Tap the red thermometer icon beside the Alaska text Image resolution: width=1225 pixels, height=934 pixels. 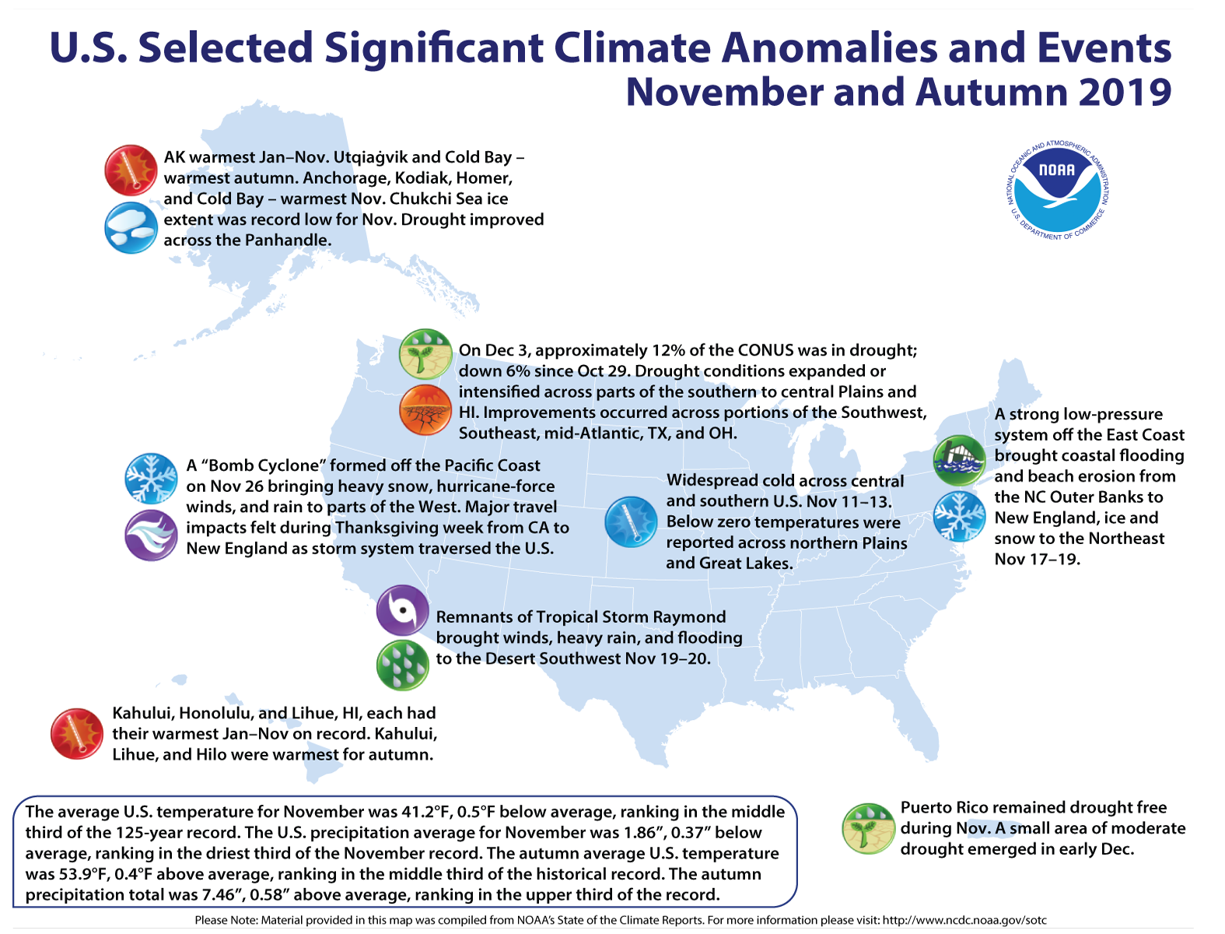pyautogui.click(x=131, y=170)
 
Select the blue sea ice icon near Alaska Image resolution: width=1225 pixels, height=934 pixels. pyautogui.click(x=131, y=227)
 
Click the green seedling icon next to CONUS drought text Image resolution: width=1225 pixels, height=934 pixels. pyautogui.click(x=425, y=354)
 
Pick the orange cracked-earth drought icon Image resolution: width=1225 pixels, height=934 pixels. pyautogui.click(x=425, y=409)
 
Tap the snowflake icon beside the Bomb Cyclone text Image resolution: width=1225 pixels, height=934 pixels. pyautogui.click(x=151, y=479)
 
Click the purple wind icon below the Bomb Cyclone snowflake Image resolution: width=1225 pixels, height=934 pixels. pyautogui.click(x=151, y=535)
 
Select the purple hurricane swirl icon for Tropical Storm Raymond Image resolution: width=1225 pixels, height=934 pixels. pyautogui.click(x=402, y=610)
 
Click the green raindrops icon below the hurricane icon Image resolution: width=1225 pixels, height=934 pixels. pyautogui.click(x=402, y=665)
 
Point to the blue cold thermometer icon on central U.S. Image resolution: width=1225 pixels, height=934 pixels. pyautogui.click(x=631, y=521)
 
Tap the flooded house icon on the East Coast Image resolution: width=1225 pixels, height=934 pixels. pyautogui.click(x=958, y=461)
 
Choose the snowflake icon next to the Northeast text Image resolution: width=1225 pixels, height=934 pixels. pyautogui.click(x=958, y=516)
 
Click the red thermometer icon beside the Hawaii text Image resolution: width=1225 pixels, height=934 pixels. pyautogui.click(x=76, y=733)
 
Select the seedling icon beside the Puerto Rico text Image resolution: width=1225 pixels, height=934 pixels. pyautogui.click(x=868, y=828)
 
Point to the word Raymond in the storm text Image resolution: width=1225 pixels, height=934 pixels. pyautogui.click(x=689, y=617)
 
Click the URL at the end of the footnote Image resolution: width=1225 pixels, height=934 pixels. pyautogui.click(x=964, y=920)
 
